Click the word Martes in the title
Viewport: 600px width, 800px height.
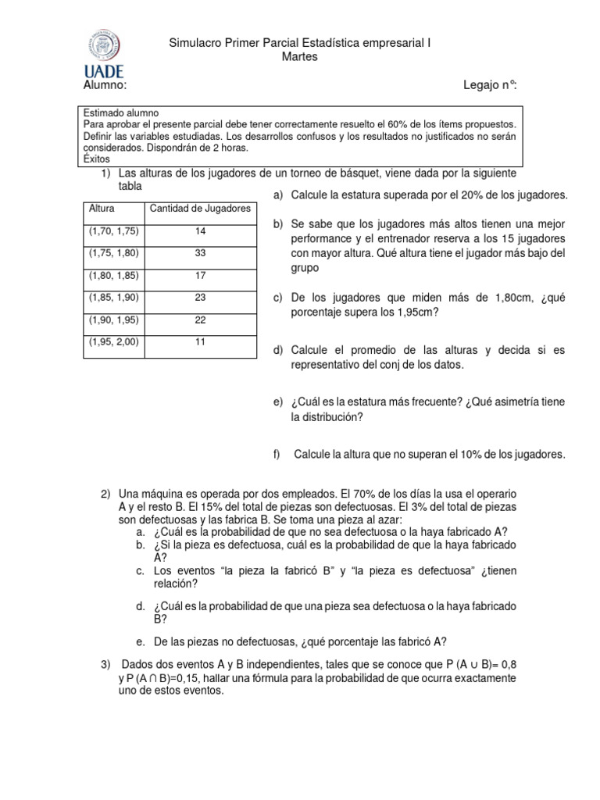coord(299,58)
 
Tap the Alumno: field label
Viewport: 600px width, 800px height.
coord(104,84)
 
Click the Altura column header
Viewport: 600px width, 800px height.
coord(102,209)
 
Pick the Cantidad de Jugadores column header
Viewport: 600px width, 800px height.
coord(199,209)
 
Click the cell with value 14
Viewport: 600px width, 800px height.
coord(199,231)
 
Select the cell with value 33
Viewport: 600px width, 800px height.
coord(199,253)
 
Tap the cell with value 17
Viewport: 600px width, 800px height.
coord(199,275)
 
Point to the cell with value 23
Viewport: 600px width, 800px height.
coord(199,297)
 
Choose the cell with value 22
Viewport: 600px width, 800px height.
coord(199,319)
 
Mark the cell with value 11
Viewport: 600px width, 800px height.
coord(199,341)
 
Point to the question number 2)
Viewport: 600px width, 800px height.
coord(107,495)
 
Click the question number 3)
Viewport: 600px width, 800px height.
coord(107,664)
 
